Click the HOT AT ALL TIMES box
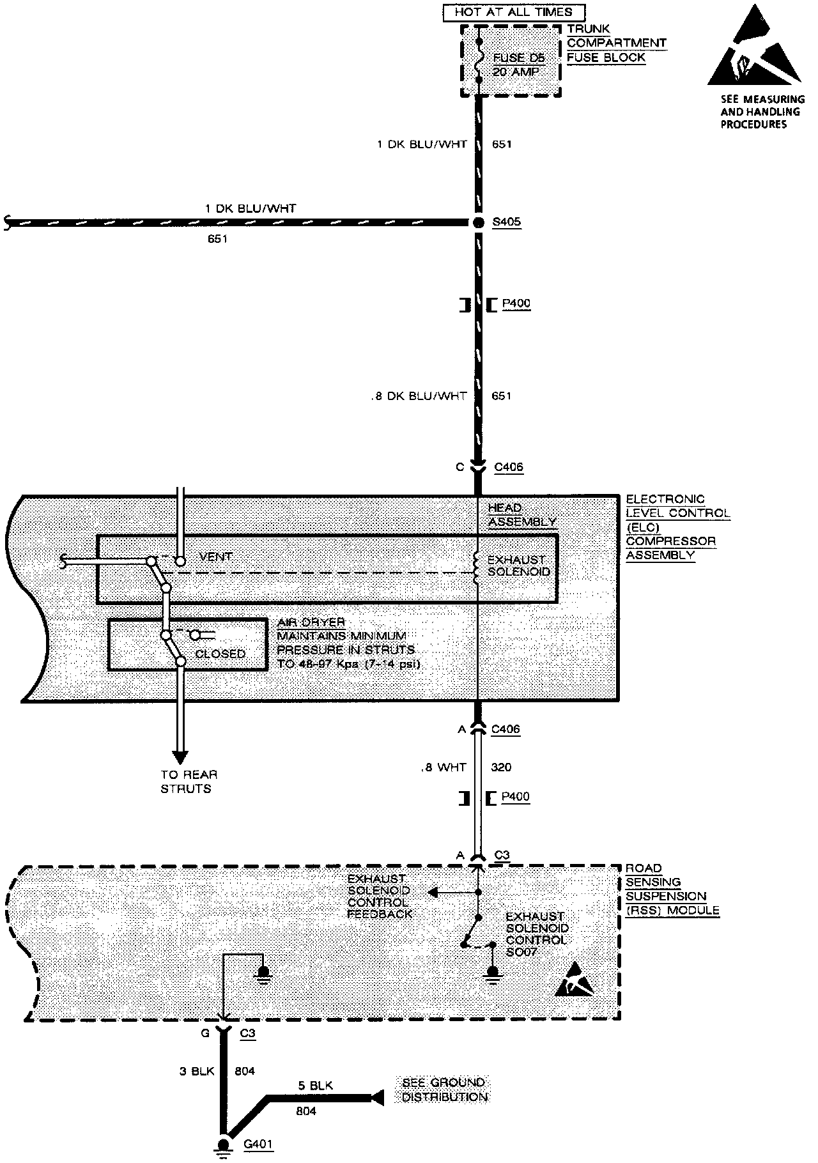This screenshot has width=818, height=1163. coord(513,12)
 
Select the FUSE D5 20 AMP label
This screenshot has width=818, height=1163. coord(518,65)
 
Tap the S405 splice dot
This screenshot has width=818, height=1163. coord(477,222)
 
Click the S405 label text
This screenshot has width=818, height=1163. coord(506,222)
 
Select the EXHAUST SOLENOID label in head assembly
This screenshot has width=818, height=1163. coord(518,566)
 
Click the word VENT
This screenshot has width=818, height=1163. coord(216,557)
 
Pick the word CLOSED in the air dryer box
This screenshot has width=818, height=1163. coord(220,654)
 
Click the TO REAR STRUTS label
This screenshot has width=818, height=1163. coord(189,782)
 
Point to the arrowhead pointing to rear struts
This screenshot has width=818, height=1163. coord(181,755)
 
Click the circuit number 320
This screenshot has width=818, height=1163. coord(501,767)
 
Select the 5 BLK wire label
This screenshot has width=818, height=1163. coord(315,1085)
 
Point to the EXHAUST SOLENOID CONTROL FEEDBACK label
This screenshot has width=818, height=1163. coord(379,896)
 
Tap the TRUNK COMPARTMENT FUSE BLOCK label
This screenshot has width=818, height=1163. coord(616,43)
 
